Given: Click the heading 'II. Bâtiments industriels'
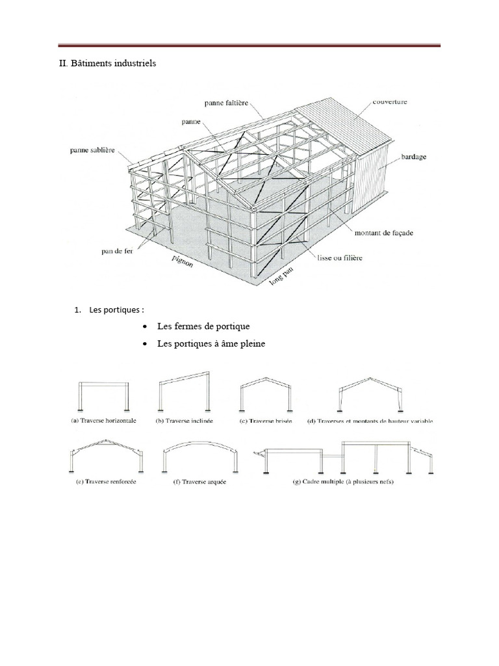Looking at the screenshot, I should click(104, 64).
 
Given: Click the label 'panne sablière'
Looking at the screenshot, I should click(92, 151).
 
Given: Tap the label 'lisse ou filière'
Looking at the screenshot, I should click(340, 258).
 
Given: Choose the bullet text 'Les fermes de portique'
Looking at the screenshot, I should click(203, 326).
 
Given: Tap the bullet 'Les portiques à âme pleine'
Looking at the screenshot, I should click(211, 343).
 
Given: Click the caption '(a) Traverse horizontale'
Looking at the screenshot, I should click(104, 421).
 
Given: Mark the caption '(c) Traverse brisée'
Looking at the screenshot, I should click(266, 421).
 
